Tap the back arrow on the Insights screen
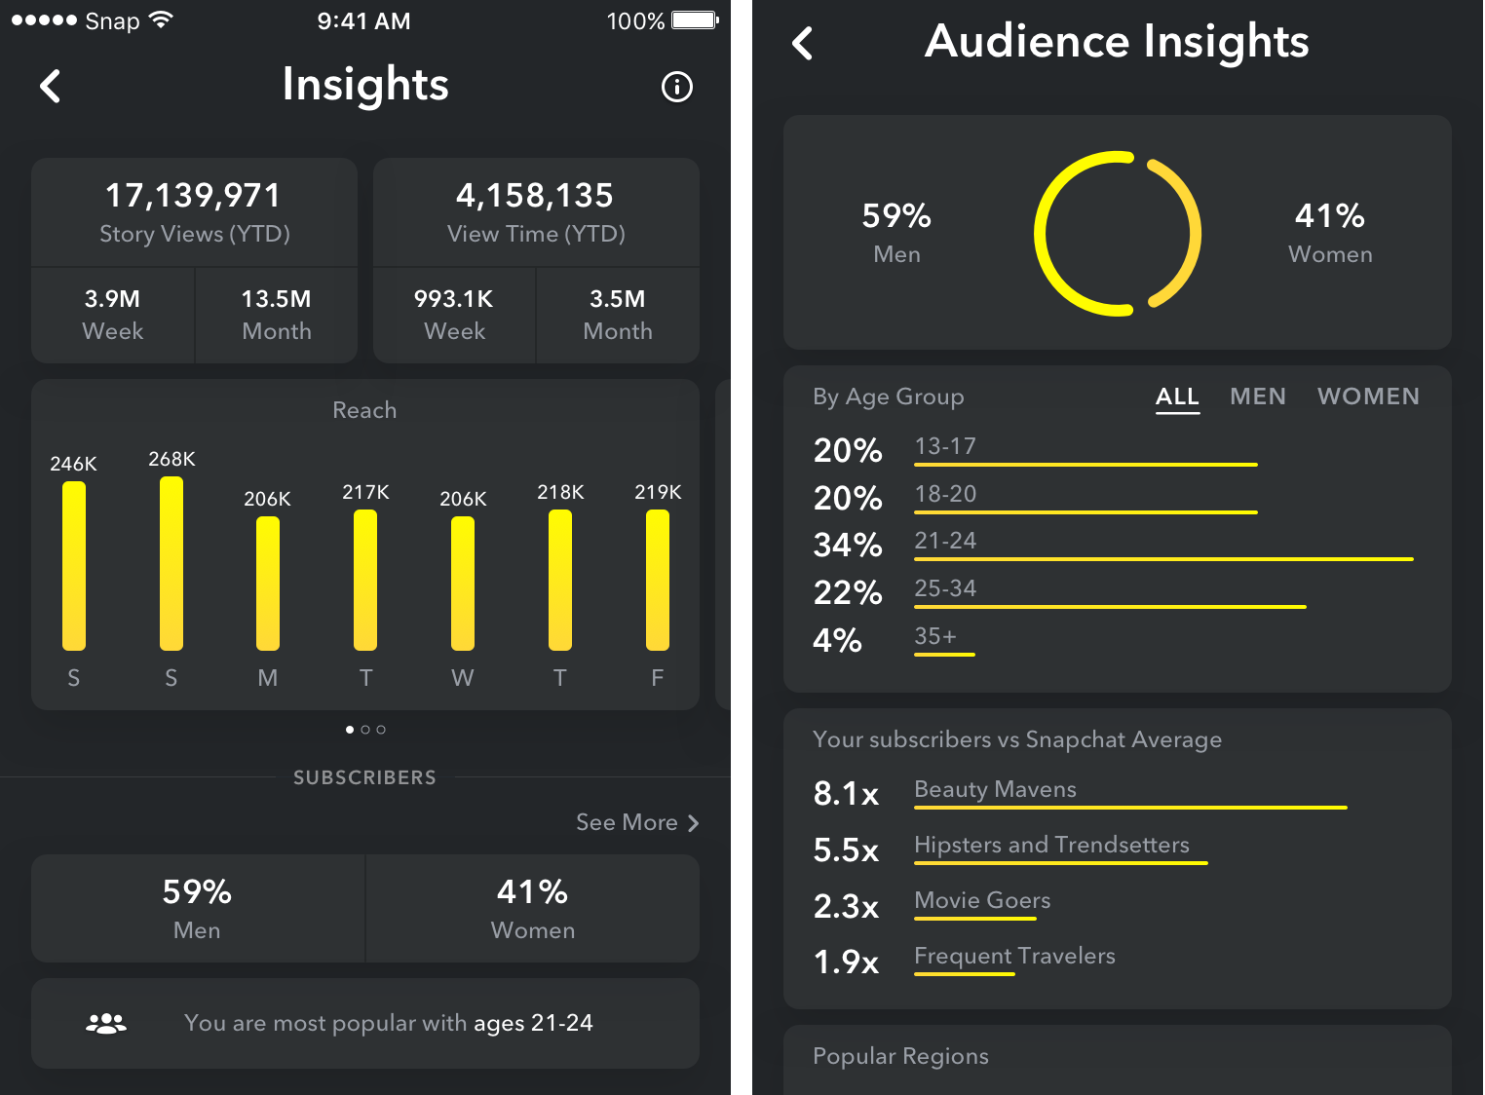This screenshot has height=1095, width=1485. (51, 86)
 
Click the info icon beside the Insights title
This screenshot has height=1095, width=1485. (676, 87)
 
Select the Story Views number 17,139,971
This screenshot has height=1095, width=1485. (193, 196)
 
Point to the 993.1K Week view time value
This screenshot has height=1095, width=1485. (453, 299)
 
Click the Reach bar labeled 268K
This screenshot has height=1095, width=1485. (171, 563)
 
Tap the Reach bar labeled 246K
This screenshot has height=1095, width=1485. (74, 565)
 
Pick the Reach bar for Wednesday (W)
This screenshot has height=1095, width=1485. (463, 583)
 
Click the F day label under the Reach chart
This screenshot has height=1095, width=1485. (657, 678)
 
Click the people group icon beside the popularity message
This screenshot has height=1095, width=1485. (106, 1023)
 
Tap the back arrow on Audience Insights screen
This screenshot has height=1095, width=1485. (803, 43)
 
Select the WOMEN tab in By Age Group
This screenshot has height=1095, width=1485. (1368, 396)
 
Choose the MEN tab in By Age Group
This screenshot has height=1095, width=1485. (1257, 396)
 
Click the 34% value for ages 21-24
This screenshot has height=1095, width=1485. (847, 545)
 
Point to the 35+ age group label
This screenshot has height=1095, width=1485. (935, 636)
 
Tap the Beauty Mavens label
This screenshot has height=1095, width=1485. (995, 789)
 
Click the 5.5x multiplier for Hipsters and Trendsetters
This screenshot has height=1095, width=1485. (846, 850)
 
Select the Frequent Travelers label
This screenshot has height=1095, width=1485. (1014, 956)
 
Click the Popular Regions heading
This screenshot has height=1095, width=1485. (900, 1056)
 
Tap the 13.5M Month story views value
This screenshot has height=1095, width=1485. (276, 299)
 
